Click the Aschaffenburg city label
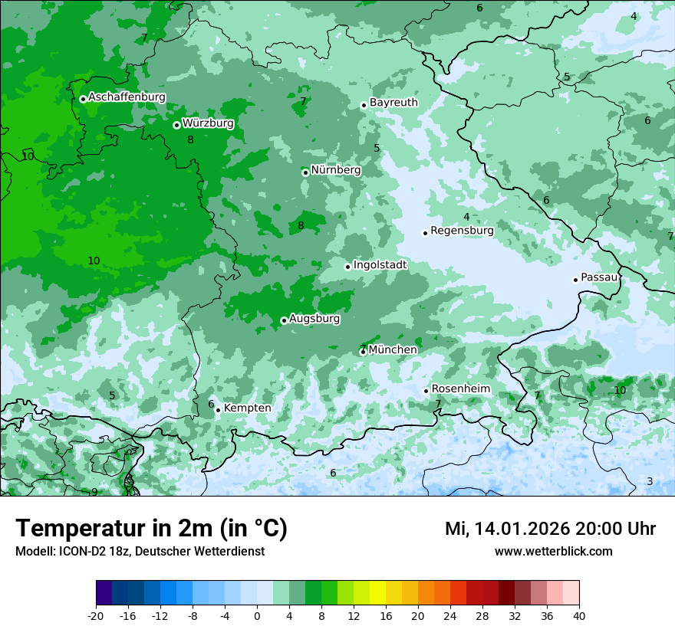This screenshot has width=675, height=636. [x=127, y=97]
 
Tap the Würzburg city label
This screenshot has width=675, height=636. [x=208, y=123]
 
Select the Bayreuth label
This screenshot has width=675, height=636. [x=393, y=103]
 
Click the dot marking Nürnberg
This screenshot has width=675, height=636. [x=305, y=172]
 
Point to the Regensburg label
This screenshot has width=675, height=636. [x=462, y=231]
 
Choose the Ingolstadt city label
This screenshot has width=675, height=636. [x=380, y=265]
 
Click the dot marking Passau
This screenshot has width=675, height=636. [x=575, y=280]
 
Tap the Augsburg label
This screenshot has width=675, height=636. [x=314, y=318]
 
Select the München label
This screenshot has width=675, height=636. [x=393, y=350]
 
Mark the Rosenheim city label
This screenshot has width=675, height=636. [x=460, y=389]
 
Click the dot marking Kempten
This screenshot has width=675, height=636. [x=218, y=410]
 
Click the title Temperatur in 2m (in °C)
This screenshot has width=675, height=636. [x=151, y=529]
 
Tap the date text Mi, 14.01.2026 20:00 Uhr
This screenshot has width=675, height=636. [x=550, y=529]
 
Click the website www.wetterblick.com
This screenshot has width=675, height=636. [x=553, y=552]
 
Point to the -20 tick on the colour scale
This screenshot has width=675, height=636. [x=96, y=615]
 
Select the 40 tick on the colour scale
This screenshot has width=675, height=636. [x=578, y=615]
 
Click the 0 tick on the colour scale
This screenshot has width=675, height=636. [x=257, y=615]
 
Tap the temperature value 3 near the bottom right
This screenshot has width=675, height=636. [x=649, y=481]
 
